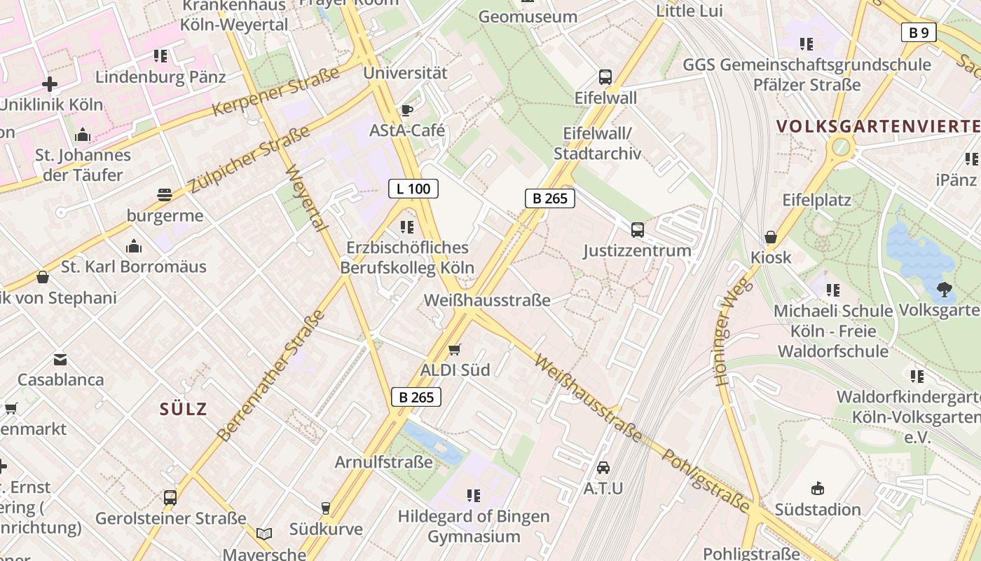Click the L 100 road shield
(x=413, y=188)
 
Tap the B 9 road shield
(x=918, y=32)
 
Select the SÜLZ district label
(x=184, y=409)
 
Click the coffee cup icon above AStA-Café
(x=406, y=110)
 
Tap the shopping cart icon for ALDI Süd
(x=455, y=349)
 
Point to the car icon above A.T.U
(x=603, y=467)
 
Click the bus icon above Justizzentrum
(x=637, y=229)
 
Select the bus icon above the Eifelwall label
(x=605, y=77)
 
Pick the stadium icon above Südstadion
(x=817, y=488)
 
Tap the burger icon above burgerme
(x=165, y=194)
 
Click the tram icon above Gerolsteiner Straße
(x=170, y=497)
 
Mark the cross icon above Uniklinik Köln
(x=50, y=84)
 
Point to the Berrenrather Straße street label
(x=271, y=375)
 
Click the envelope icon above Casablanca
(x=60, y=360)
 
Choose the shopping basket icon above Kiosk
(x=771, y=237)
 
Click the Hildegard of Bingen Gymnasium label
(x=474, y=526)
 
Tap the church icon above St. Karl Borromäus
(x=133, y=246)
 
